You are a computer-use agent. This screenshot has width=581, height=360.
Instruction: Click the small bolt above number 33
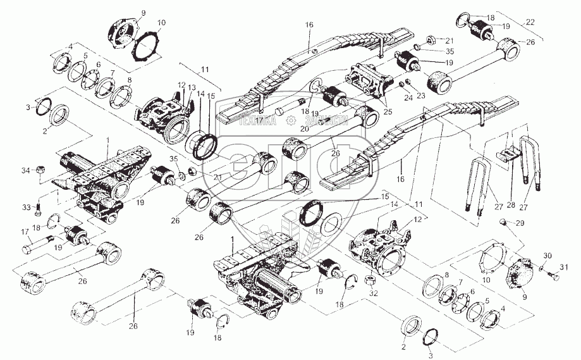tap(39, 203)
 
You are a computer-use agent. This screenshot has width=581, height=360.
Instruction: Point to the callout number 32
tap(374, 293)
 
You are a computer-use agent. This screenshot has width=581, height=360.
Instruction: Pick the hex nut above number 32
tap(372, 279)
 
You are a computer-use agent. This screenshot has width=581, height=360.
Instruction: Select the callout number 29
tap(521, 224)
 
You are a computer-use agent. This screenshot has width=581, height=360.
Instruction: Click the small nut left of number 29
tap(503, 221)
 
